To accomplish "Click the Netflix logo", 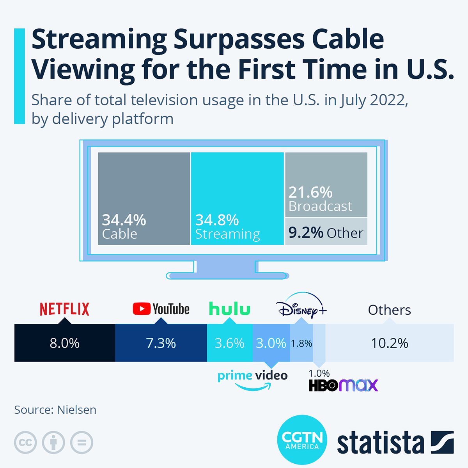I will coord(64,309).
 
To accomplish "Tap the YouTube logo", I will coord(161,309).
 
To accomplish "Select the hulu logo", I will coord(230,309).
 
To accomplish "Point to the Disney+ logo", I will coord(301,306).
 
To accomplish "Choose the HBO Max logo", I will coord(343,385).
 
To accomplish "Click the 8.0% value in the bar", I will coord(64,343).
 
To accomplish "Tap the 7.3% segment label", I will coord(161,343).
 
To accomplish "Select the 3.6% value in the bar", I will coord(229,343).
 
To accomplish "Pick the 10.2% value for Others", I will coord(389,343).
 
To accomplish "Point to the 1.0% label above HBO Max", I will coord(319,373).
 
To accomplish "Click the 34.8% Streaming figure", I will coord(217,220).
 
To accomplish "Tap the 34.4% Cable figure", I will coord(124,220).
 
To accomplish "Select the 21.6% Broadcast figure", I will coord(310,192).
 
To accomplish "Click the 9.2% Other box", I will coord(326,233).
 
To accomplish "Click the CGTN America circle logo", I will coord(302,440).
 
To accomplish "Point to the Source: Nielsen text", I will coord(55,410).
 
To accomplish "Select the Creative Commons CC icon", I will coord(25,443).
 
